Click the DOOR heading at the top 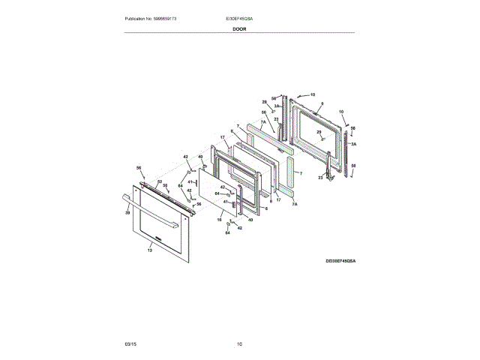239,28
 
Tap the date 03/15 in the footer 130,344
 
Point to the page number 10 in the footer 239,344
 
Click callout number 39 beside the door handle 127,214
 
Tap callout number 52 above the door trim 159,182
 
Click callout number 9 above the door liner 322,103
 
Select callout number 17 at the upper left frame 223,137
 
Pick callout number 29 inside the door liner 318,132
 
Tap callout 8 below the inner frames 270,200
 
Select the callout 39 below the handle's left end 127,214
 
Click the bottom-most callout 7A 295,204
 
